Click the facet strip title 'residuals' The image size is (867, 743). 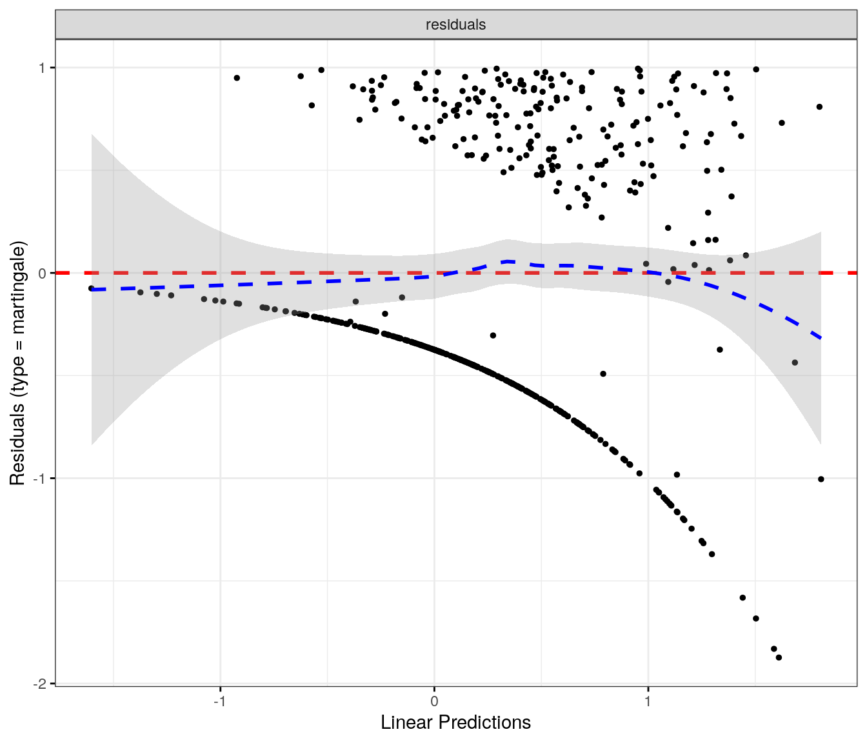coord(455,25)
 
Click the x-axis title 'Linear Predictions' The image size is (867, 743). coord(455,722)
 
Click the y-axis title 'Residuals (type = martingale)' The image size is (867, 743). coord(17,363)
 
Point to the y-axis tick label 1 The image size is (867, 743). coord(43,68)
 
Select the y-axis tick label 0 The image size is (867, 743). coord(43,273)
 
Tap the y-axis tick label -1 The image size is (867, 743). coord(40,479)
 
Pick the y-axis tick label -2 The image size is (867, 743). coord(40,684)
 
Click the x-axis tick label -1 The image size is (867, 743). coord(220,702)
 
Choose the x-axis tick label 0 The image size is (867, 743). coord(434,702)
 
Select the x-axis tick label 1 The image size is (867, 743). coord(648,702)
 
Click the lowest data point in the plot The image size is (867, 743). coord(779,657)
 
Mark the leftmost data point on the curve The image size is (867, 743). coord(91,288)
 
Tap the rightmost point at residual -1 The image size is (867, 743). coord(821,479)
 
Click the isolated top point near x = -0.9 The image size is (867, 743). coord(237,78)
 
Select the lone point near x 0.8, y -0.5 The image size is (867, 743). coord(603,373)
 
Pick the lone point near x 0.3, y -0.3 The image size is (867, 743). coord(493,335)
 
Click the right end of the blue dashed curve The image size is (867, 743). coord(821,338)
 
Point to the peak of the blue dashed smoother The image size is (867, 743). coord(509,261)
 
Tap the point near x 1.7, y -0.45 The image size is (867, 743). coord(795,362)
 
